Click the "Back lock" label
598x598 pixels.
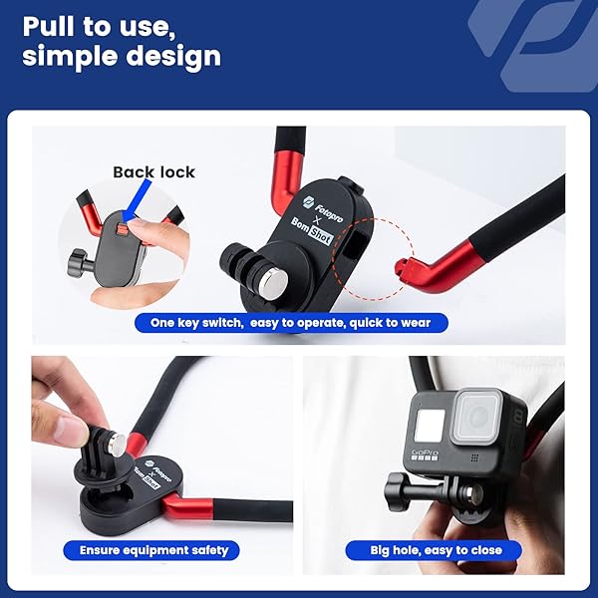click(153, 171)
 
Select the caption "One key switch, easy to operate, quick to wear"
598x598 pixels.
click(292, 323)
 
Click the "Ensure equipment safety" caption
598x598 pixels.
click(147, 549)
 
